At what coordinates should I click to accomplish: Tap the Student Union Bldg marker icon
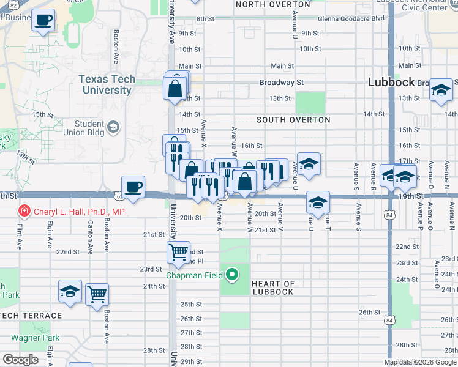coord(113,127)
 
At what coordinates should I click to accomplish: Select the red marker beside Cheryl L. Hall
coord(24,212)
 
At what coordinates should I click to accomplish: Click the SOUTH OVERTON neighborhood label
coord(293,120)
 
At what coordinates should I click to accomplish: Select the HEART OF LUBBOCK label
coord(273,287)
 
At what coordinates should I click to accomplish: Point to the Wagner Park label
coord(34,338)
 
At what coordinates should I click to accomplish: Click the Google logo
coord(20,359)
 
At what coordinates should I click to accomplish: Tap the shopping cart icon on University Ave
coord(178,251)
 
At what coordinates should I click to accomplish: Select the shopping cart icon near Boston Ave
coord(97,294)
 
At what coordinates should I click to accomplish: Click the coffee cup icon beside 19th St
coord(132,186)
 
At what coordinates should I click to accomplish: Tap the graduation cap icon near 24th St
coord(70,291)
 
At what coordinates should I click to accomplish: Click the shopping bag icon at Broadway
coord(175,88)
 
